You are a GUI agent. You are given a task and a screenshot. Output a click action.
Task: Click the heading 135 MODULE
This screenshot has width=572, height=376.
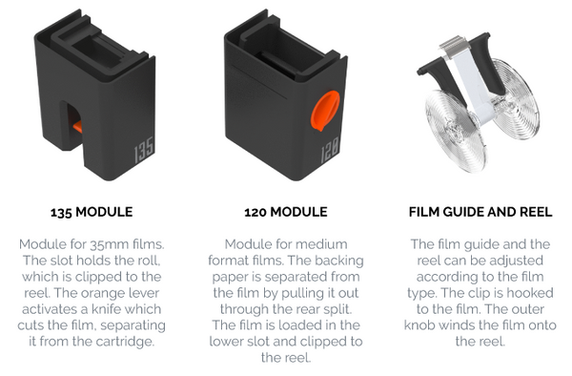[x=92, y=212]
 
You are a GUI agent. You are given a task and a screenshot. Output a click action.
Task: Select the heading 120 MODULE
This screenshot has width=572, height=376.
[x=286, y=212]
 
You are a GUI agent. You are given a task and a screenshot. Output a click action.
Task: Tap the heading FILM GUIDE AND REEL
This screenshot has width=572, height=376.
[x=480, y=212]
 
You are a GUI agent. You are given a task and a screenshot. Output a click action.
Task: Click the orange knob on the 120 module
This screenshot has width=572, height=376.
[x=325, y=111]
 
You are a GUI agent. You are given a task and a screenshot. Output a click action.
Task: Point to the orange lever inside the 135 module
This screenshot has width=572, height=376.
[x=77, y=127]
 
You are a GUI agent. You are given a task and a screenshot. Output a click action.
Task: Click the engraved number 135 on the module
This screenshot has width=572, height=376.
[x=144, y=150]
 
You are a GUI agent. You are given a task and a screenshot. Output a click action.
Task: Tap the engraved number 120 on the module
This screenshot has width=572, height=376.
[x=330, y=150]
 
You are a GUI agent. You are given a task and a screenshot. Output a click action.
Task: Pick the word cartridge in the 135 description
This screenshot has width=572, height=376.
[x=125, y=342]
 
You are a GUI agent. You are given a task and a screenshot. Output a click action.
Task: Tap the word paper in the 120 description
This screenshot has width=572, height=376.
[x=231, y=278]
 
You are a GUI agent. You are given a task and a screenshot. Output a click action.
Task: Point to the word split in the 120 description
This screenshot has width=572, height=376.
[x=338, y=309]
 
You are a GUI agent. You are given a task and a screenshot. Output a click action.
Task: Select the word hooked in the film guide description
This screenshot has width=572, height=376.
[x=530, y=293]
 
